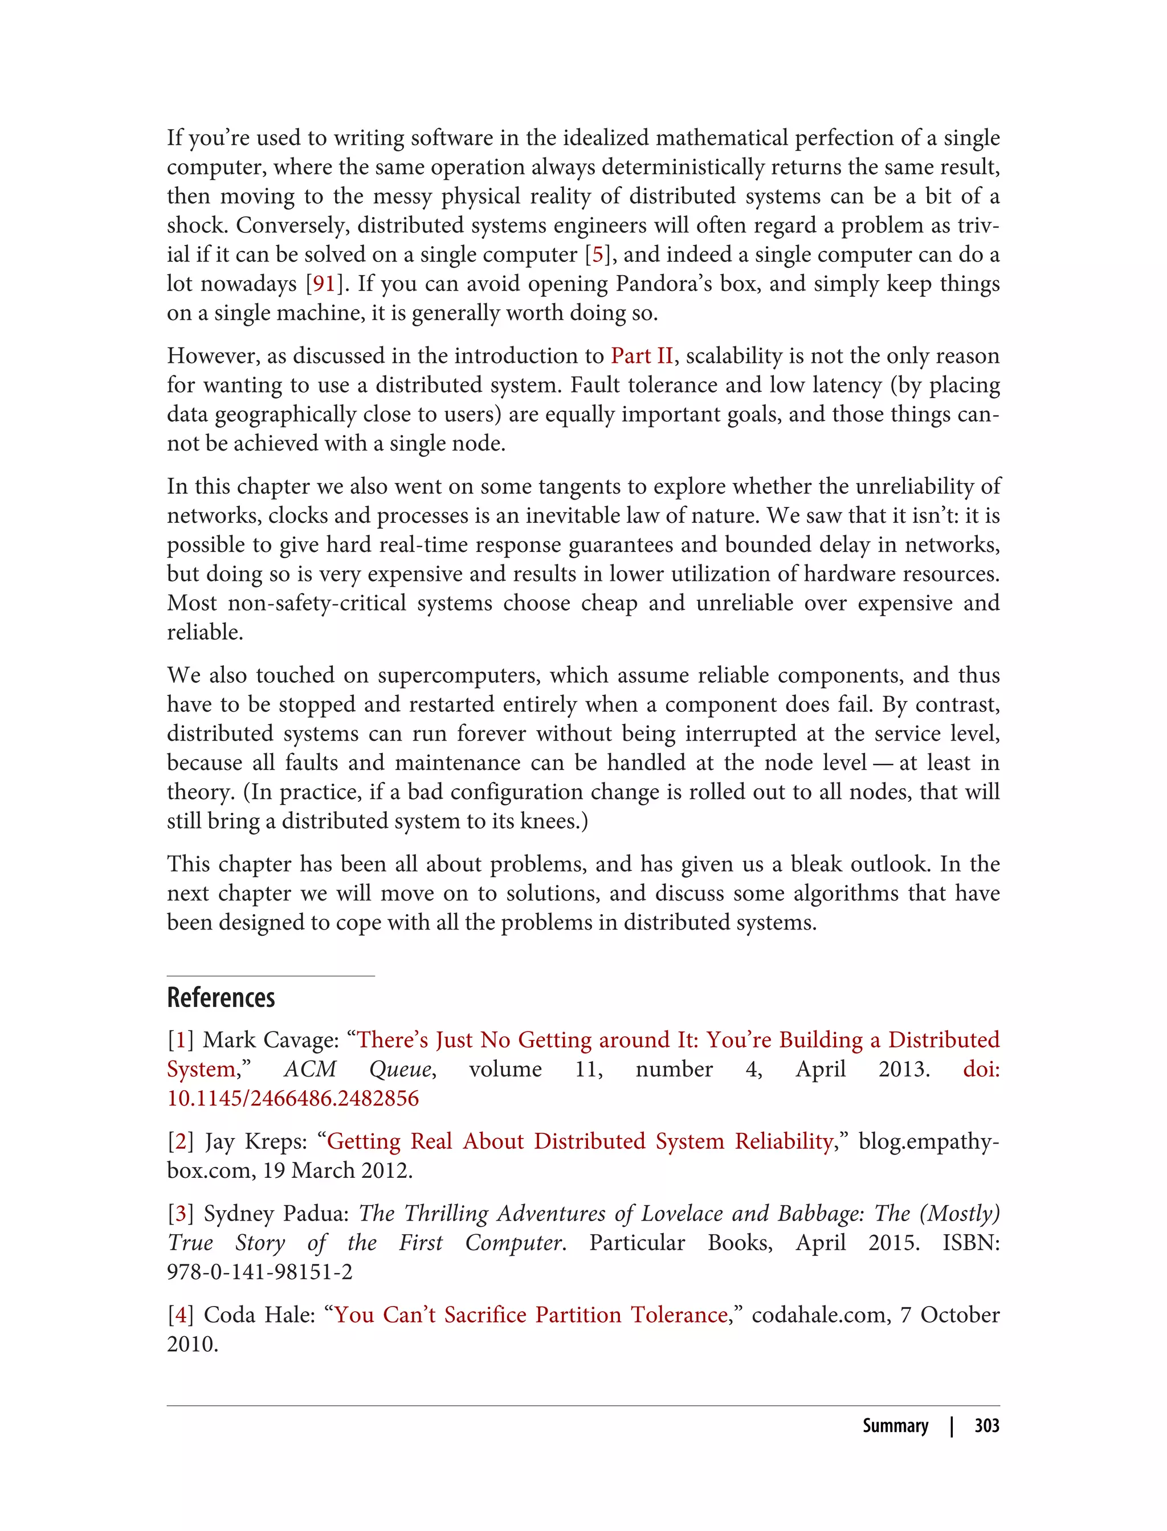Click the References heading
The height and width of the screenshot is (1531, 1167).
(x=221, y=998)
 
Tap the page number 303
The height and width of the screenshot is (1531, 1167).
(x=986, y=1426)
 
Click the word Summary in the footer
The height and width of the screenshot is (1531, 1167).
(x=895, y=1426)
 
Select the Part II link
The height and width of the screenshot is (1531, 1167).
(x=642, y=356)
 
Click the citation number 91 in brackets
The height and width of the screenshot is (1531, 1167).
(x=324, y=284)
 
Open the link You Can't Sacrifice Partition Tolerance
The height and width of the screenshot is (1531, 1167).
(x=531, y=1315)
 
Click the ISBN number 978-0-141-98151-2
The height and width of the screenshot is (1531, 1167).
(x=260, y=1272)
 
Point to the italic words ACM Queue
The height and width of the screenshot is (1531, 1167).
(x=359, y=1069)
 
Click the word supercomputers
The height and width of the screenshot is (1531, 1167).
(x=458, y=676)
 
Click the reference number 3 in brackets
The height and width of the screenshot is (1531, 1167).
(x=181, y=1214)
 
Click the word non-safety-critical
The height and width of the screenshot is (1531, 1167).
(x=317, y=603)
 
